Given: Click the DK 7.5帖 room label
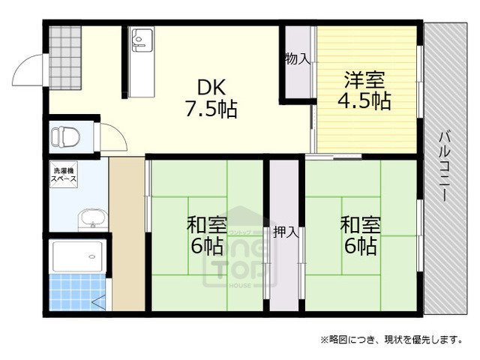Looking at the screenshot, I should tap(211, 97).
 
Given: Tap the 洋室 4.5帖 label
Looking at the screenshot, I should tap(367, 90).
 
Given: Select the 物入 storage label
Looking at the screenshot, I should tap(297, 58).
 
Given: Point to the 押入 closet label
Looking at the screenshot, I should tap(286, 232).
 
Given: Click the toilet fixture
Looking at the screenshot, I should tap(66, 137).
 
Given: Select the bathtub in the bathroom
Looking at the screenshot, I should tap(78, 257).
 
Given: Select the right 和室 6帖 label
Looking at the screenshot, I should tap(359, 234).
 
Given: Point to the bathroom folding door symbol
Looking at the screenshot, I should tap(98, 301).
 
